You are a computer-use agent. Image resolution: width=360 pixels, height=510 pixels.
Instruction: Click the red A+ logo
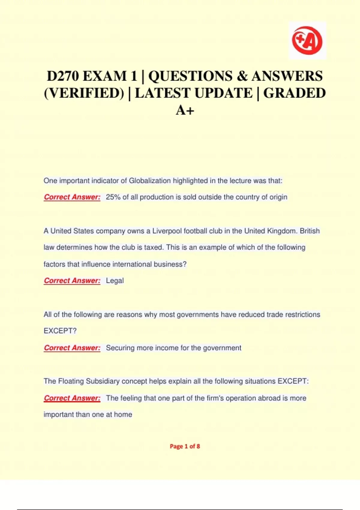coord(307,40)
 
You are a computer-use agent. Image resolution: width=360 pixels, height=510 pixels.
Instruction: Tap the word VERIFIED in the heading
coord(84,93)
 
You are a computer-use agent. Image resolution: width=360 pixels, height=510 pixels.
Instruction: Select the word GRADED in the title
coord(294,93)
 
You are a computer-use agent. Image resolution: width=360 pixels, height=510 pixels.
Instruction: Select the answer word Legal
coord(115,281)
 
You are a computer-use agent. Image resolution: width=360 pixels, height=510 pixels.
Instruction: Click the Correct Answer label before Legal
coord(72,281)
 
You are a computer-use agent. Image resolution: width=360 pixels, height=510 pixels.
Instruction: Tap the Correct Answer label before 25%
coord(72,197)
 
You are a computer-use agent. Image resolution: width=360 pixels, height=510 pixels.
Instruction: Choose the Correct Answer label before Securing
coord(72,348)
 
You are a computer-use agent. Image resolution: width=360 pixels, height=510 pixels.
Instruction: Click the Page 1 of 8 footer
coord(185,446)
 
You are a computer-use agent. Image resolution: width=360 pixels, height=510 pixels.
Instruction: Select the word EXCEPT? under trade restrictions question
coord(60,331)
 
